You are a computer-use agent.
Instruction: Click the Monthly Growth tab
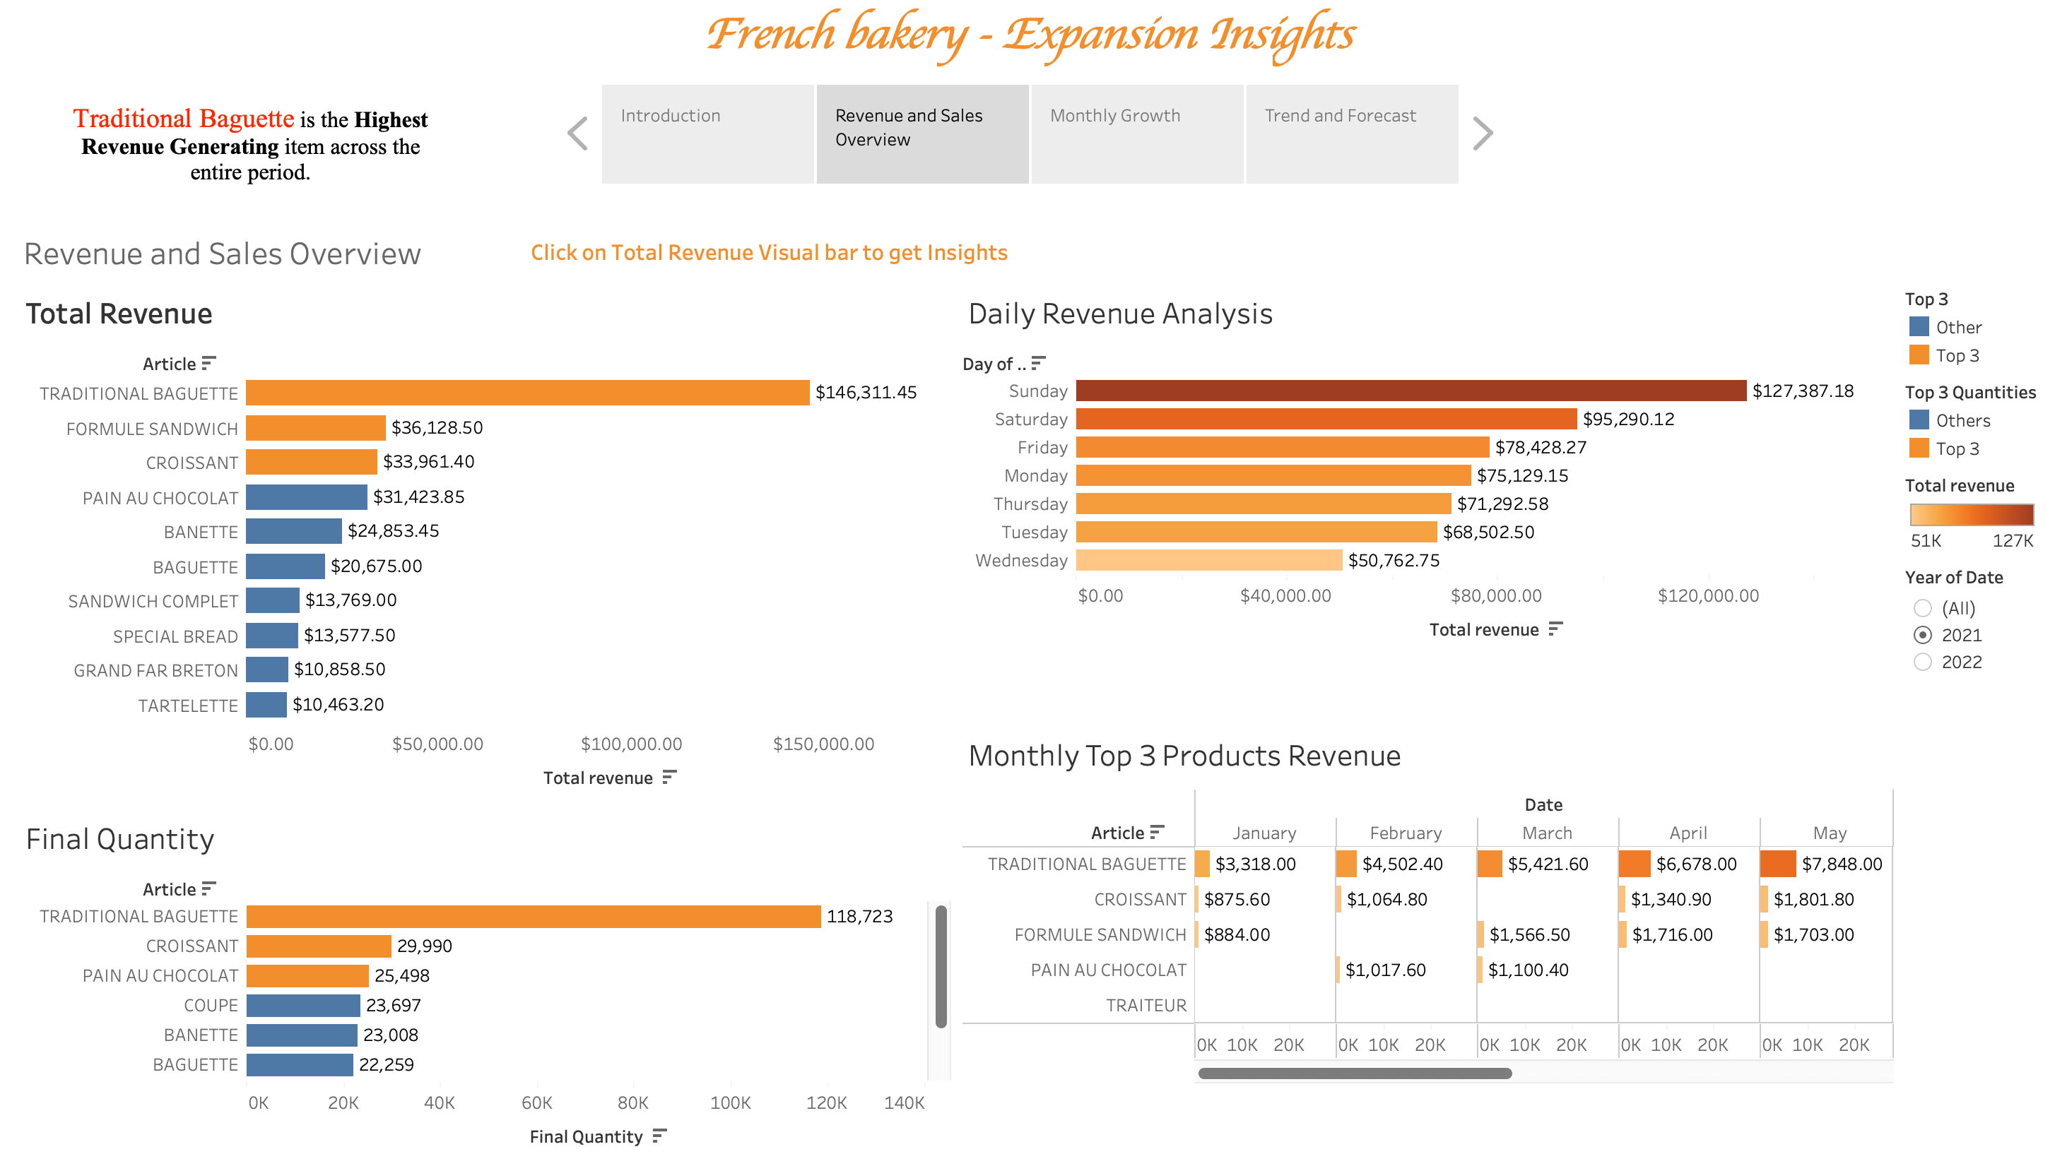click(x=1136, y=133)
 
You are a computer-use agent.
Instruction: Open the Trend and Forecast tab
click(x=1351, y=133)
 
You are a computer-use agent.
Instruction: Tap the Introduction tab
click(x=707, y=133)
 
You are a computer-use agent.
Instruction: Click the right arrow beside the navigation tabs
click(x=1482, y=133)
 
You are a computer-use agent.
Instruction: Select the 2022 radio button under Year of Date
click(x=1923, y=662)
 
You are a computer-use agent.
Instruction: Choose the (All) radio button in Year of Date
click(x=1923, y=609)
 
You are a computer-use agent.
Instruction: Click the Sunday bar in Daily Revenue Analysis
click(x=1411, y=391)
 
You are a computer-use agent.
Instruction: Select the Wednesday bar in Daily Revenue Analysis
click(x=1208, y=561)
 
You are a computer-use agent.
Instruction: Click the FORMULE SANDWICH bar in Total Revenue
click(x=315, y=428)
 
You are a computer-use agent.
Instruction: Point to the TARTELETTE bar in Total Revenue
click(x=266, y=705)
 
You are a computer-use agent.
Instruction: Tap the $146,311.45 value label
click(x=866, y=393)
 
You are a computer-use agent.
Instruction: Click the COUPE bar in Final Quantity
click(x=303, y=1006)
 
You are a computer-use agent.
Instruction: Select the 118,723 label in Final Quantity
click(x=859, y=916)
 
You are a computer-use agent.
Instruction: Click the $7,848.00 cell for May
click(x=1841, y=864)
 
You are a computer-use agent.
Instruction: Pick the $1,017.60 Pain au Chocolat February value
click(x=1385, y=970)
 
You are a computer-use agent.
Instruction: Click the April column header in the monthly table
click(x=1688, y=833)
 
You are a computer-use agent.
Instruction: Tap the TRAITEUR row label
click(x=1146, y=1006)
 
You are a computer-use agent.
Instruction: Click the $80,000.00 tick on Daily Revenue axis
click(x=1496, y=596)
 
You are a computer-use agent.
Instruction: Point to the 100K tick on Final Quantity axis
click(x=730, y=1103)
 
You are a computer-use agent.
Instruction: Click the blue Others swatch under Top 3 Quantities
click(x=1919, y=420)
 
